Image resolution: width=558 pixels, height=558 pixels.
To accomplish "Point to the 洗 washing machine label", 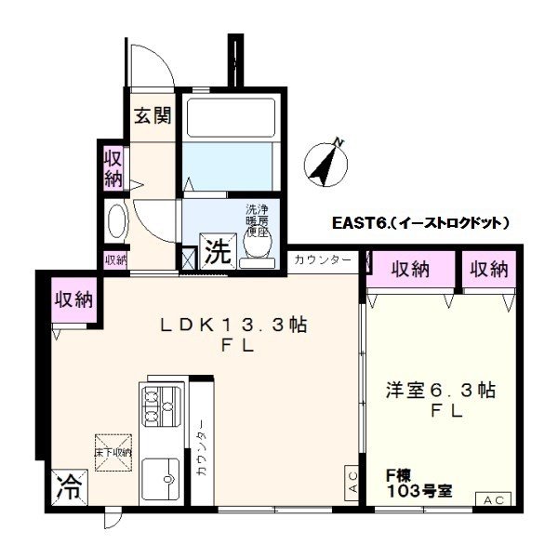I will pos(218,251).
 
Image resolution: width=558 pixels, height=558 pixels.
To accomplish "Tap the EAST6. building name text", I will pos(421,223).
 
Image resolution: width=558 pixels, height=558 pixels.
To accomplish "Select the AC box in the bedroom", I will pos(493,499).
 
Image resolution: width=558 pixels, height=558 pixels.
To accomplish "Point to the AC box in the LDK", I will pos(352,483).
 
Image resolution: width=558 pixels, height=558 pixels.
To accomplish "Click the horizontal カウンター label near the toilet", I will pos(322,259).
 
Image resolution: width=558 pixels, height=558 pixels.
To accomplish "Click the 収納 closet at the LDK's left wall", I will pos(73,299).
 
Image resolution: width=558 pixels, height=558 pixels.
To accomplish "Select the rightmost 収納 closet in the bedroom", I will pos(489,270).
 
